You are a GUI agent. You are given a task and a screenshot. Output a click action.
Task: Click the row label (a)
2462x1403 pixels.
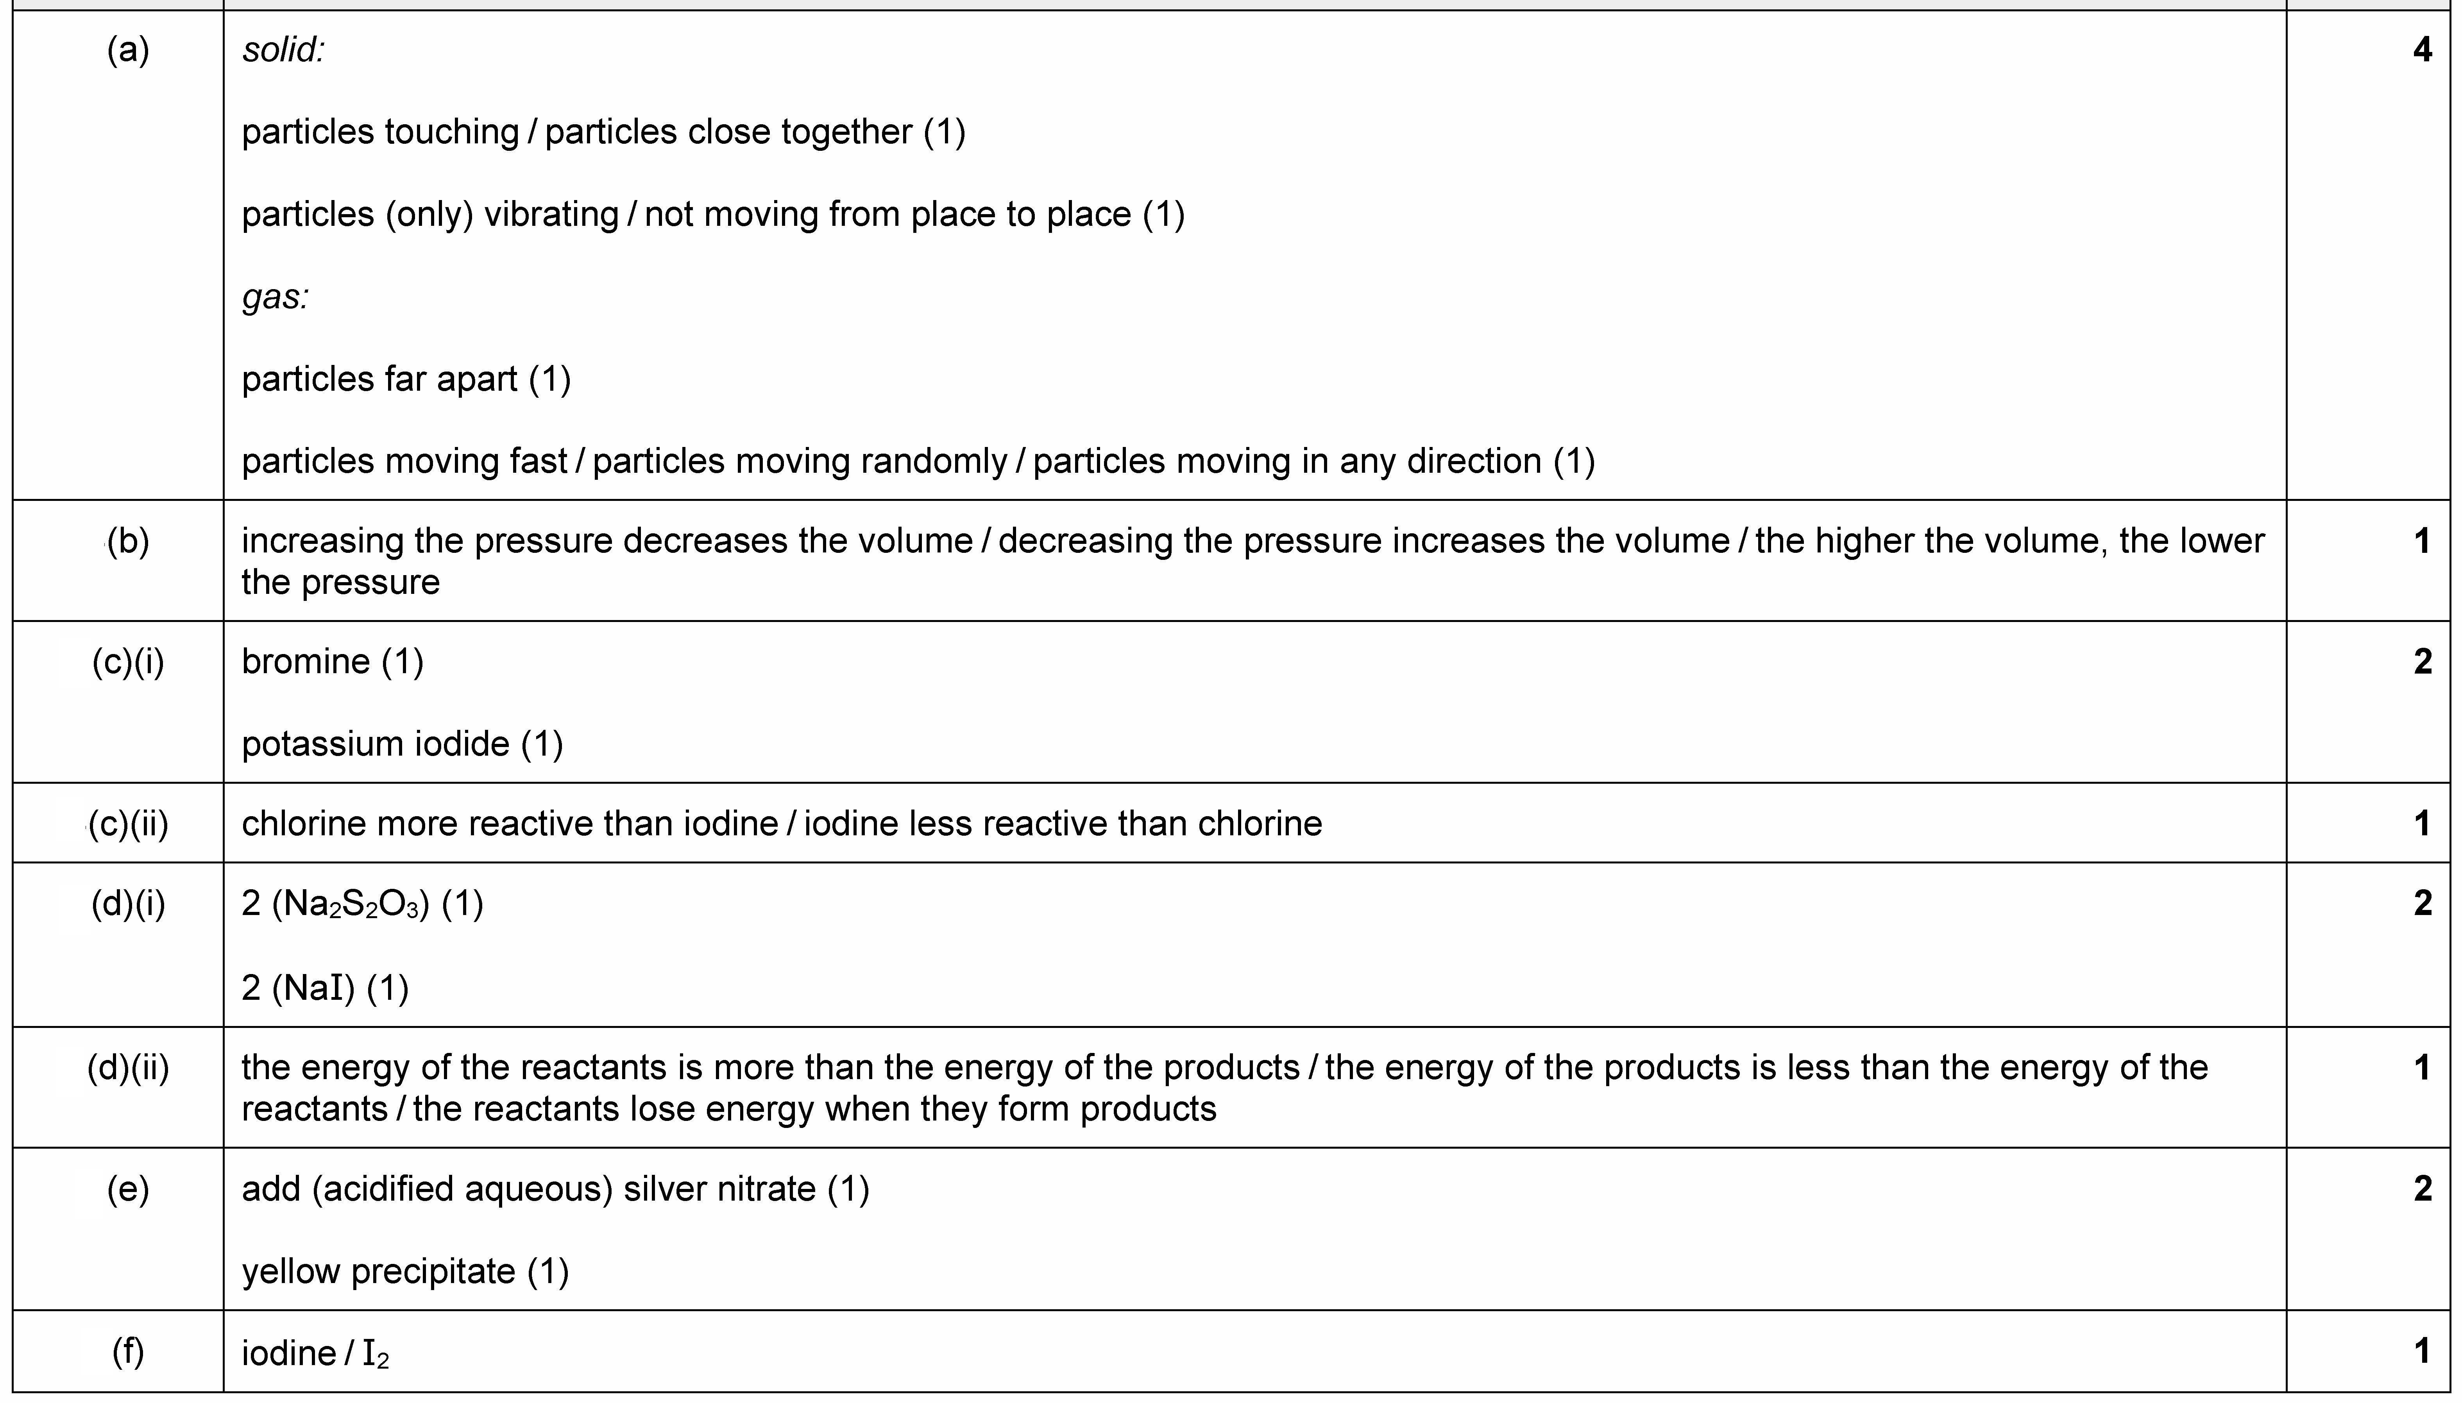[x=128, y=50]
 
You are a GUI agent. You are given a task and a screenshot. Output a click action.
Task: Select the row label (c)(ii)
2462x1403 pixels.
[x=128, y=824]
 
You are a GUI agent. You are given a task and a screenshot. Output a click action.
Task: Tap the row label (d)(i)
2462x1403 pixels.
[x=128, y=904]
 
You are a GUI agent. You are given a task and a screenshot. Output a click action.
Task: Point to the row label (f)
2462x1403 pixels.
[x=128, y=1352]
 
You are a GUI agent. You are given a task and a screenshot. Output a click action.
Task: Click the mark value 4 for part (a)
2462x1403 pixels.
[x=2421, y=50]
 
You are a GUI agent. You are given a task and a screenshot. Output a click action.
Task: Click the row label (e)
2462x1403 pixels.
[x=128, y=1189]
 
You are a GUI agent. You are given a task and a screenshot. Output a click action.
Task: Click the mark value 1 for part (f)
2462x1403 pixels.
[x=2421, y=1352]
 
